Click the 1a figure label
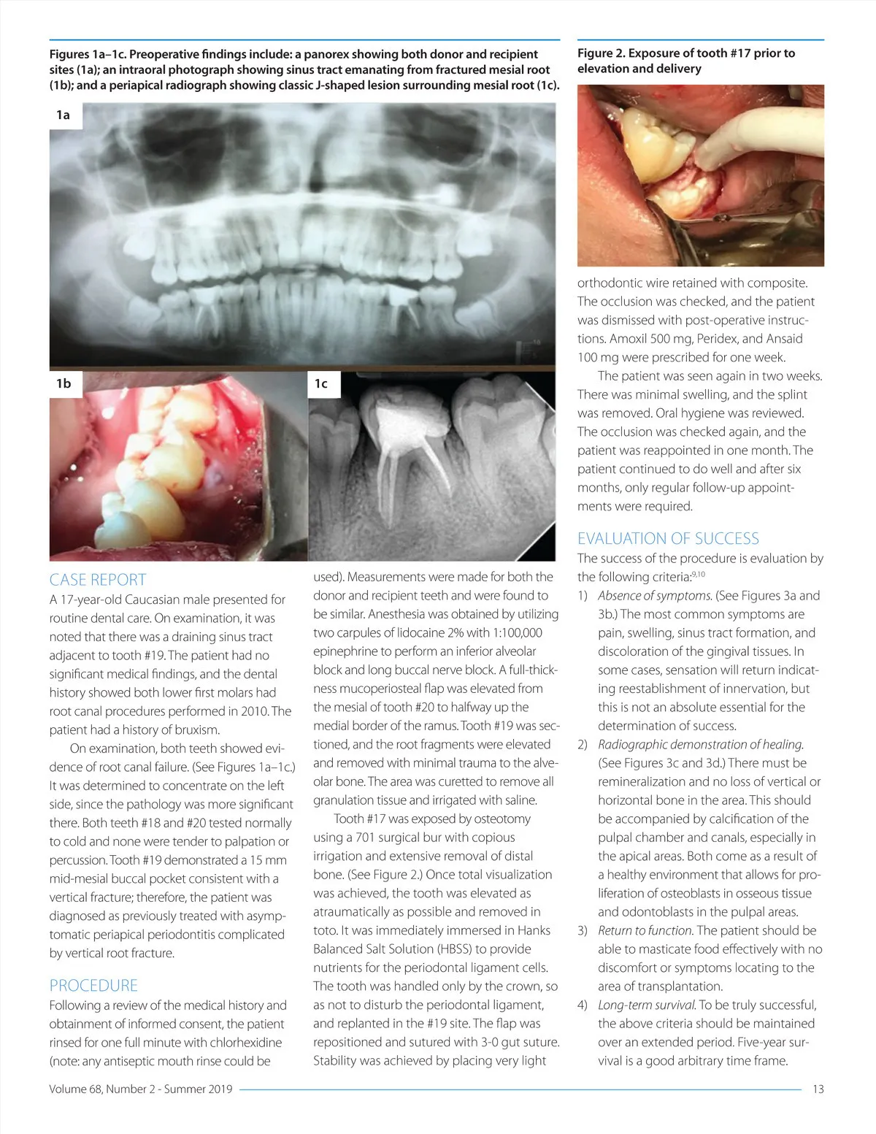pyautogui.click(x=64, y=115)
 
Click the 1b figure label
pyautogui.click(x=64, y=383)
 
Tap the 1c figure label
pyautogui.click(x=321, y=383)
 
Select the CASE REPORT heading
pyautogui.click(x=98, y=580)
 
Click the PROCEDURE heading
pyautogui.click(x=93, y=985)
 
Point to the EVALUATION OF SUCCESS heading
pyautogui.click(x=668, y=538)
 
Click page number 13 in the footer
pyautogui.click(x=818, y=1089)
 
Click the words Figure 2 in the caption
pyautogui.click(x=600, y=53)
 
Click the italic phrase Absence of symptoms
pyautogui.click(x=655, y=595)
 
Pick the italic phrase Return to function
pyautogui.click(x=645, y=930)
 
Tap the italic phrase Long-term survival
pyautogui.click(x=646, y=1005)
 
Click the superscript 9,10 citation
pyautogui.click(x=699, y=574)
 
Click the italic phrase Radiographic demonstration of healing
pyautogui.click(x=701, y=744)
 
